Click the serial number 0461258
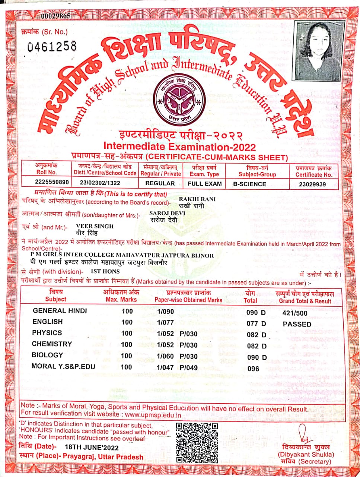point(52,46)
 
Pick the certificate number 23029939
point(312,184)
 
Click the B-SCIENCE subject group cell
point(249,184)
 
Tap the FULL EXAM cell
point(204,184)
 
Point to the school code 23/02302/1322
point(100,183)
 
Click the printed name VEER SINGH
point(95,226)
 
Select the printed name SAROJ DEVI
point(167,213)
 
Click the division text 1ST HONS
point(105,272)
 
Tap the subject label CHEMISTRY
point(52,344)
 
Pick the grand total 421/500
point(295,313)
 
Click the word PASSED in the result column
point(297,324)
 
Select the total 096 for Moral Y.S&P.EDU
point(253,369)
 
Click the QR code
point(197,442)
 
